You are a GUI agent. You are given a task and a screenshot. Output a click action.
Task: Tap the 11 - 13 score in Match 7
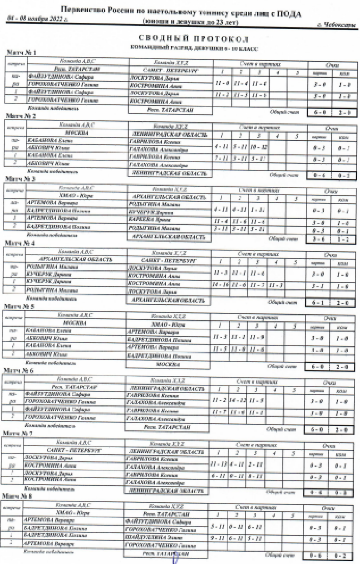pyautogui.click(x=219, y=464)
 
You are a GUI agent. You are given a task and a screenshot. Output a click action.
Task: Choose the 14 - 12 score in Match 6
pyautogui.click(x=238, y=400)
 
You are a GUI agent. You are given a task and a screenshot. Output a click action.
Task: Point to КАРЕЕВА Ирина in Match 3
pyautogui.click(x=146, y=221)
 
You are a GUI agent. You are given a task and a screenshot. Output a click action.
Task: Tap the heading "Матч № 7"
pyautogui.click(x=18, y=434)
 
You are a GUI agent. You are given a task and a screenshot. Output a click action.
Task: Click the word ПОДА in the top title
pyautogui.click(x=288, y=13)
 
